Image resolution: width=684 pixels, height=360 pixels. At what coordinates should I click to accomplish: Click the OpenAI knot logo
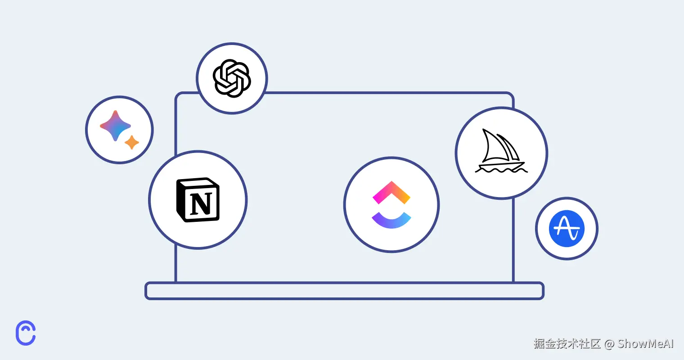pyautogui.click(x=232, y=78)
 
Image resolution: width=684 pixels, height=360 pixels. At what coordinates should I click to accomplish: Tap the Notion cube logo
pyautogui.click(x=198, y=200)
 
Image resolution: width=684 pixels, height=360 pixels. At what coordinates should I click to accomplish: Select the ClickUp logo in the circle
pyautogui.click(x=391, y=205)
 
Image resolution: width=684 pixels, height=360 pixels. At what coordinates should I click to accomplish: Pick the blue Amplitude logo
pyautogui.click(x=567, y=228)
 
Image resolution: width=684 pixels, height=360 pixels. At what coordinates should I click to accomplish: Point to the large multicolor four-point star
pyautogui.click(x=115, y=126)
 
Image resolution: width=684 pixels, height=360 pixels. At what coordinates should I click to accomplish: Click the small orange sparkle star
pyautogui.click(x=132, y=142)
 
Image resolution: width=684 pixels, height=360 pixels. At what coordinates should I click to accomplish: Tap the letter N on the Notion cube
pyautogui.click(x=201, y=203)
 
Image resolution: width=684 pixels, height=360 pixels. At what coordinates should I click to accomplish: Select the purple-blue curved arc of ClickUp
pyautogui.click(x=391, y=220)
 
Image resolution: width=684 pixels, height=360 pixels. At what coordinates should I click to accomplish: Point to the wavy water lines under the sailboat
pyautogui.click(x=501, y=171)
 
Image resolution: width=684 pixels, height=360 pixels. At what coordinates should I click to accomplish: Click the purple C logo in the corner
pyautogui.click(x=26, y=333)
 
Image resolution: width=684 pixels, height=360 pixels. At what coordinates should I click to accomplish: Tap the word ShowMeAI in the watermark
pyautogui.click(x=646, y=344)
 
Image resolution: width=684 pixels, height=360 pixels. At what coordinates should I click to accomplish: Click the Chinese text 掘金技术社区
pyautogui.click(x=567, y=344)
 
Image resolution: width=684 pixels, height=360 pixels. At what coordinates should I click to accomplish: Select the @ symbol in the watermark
pyautogui.click(x=609, y=344)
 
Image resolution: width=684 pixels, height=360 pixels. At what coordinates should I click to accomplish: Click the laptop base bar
pyautogui.click(x=344, y=291)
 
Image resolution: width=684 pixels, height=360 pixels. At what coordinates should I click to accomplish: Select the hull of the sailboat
pyautogui.click(x=500, y=165)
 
